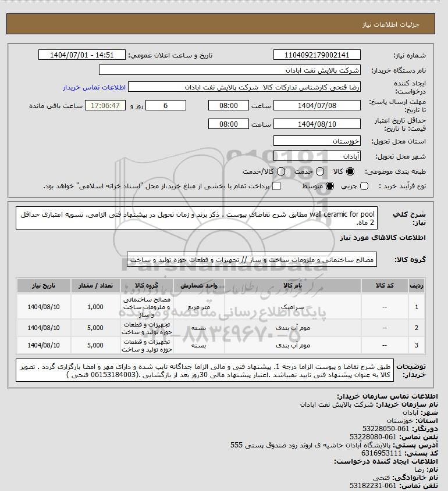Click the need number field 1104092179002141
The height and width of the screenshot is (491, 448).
pyautogui.click(x=317, y=55)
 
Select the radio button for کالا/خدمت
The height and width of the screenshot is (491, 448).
pyautogui.click(x=281, y=172)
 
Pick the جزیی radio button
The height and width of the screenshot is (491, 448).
pyautogui.click(x=364, y=186)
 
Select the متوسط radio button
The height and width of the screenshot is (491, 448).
pyautogui.click(x=330, y=186)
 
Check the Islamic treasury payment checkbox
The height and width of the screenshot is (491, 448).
pyautogui.click(x=277, y=186)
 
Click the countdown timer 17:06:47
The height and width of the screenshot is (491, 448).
pyautogui.click(x=105, y=106)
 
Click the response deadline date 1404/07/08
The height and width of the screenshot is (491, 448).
pyautogui.click(x=317, y=106)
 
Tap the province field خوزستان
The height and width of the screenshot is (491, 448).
pyautogui.click(x=317, y=141)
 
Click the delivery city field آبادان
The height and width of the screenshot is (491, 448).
pyautogui.click(x=317, y=156)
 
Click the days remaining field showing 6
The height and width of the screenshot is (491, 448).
pyautogui.click(x=165, y=106)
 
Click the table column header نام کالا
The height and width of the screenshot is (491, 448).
pyautogui.click(x=291, y=286)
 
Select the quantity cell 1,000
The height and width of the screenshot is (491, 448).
pyautogui.click(x=95, y=306)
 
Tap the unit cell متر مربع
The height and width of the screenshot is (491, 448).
pyautogui.click(x=199, y=306)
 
